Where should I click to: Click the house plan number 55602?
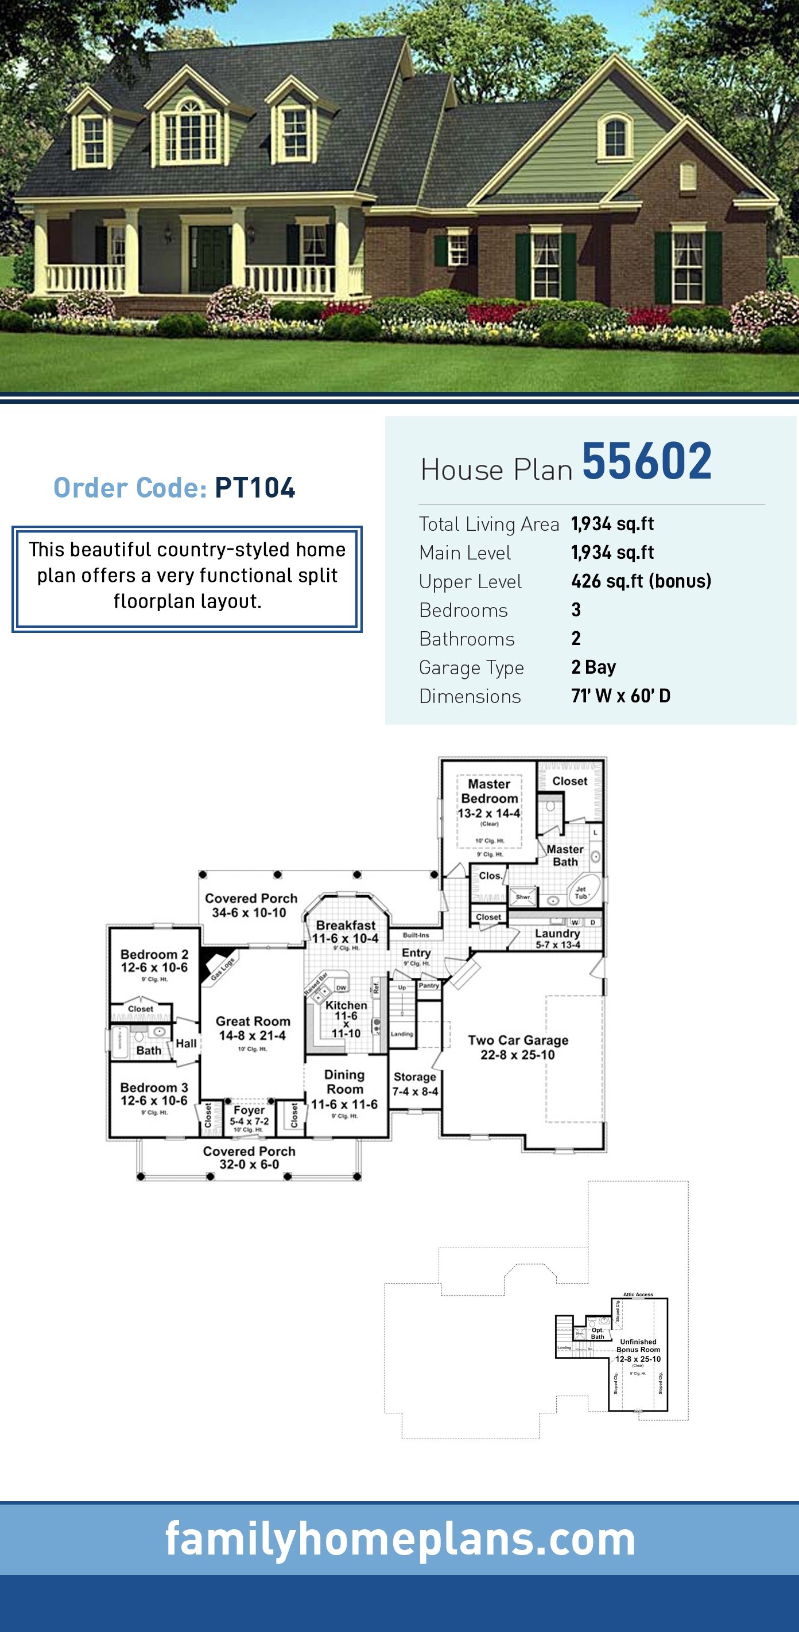(646, 462)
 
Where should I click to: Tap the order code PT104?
(255, 488)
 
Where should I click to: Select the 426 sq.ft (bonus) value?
(641, 581)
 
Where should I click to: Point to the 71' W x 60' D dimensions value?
(620, 695)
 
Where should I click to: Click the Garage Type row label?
(471, 667)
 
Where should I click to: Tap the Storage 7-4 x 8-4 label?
(415, 1083)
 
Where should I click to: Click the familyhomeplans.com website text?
(400, 1540)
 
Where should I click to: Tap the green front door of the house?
(210, 258)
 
